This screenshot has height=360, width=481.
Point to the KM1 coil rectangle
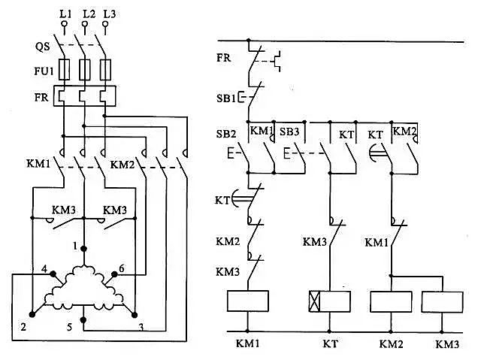click(x=248, y=301)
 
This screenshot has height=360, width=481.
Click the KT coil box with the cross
click(x=330, y=301)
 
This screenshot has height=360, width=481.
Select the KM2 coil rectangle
click(x=391, y=301)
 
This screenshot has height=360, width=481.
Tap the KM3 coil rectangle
click(x=444, y=301)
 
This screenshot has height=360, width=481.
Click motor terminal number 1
click(x=75, y=246)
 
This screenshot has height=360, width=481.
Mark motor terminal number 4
click(x=45, y=268)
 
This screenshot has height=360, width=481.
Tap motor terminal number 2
click(x=24, y=328)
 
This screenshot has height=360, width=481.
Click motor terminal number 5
click(x=70, y=328)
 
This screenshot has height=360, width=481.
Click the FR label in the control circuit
click(x=223, y=56)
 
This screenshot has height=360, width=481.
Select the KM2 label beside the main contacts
click(x=123, y=164)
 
